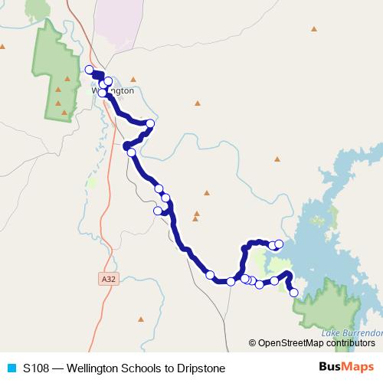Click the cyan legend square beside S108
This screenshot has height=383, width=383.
pyautogui.click(x=11, y=368)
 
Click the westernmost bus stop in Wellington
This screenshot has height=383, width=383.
pyautogui.click(x=89, y=70)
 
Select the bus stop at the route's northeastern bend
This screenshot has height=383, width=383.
pyautogui.click(x=150, y=123)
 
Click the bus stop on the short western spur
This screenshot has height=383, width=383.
pyautogui.click(x=158, y=211)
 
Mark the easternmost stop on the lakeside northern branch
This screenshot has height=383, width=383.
pyautogui.click(x=279, y=244)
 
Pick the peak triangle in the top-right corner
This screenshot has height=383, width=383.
pyautogui.click(x=314, y=29)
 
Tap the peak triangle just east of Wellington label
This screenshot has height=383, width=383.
pyautogui.click(x=133, y=79)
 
